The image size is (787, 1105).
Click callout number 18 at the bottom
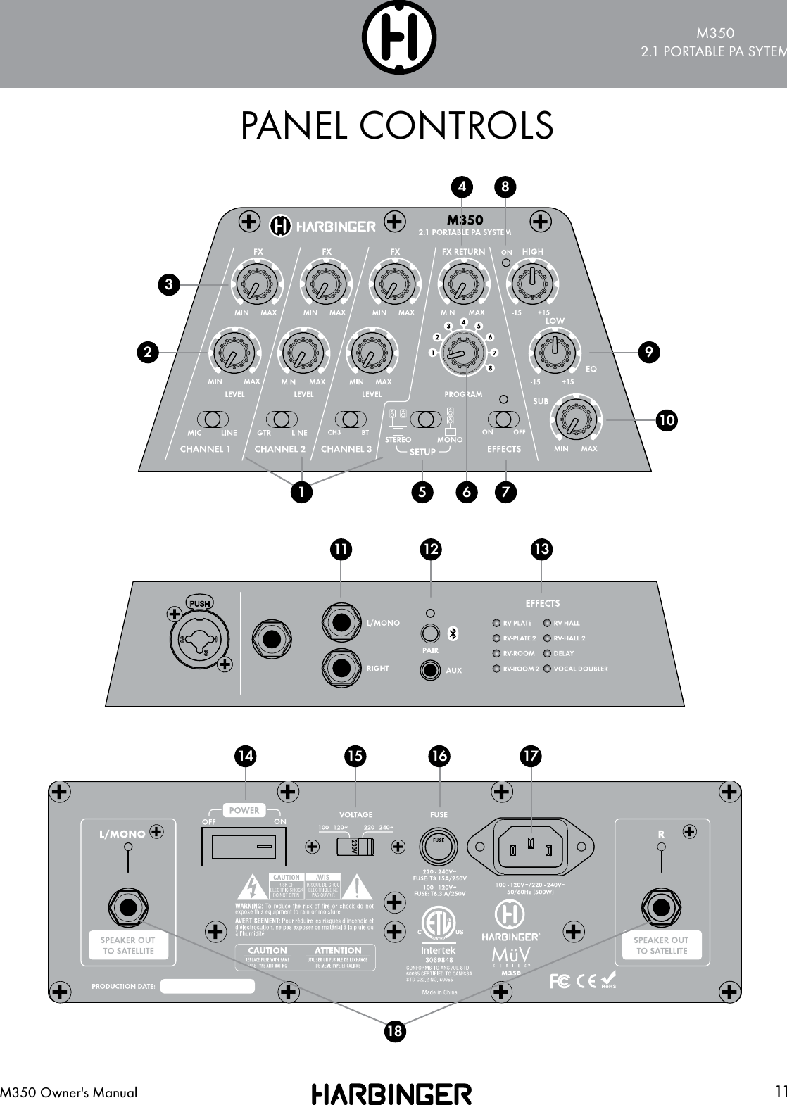(396, 1032)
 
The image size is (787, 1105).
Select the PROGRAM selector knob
(462, 350)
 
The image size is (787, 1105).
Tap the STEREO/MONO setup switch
(424, 419)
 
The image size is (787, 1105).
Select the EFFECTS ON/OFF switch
(503, 419)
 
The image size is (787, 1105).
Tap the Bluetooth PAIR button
(431, 633)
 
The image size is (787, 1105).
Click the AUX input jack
(431, 670)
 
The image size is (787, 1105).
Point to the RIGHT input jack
(341, 667)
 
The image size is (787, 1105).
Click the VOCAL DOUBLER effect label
(580, 669)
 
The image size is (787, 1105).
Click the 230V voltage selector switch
(354, 845)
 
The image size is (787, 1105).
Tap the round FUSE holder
(439, 845)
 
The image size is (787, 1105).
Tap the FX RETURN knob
(462, 282)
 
